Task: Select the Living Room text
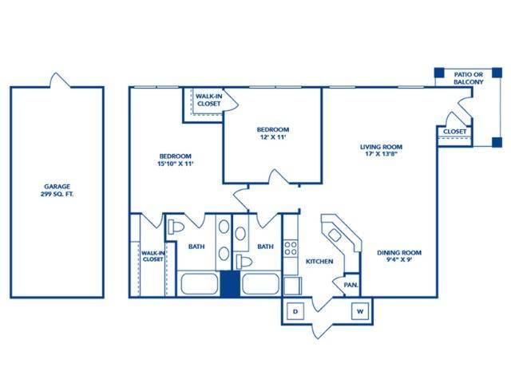[380, 150]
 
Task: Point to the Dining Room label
[399, 256]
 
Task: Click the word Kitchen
[319, 261]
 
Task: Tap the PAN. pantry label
[351, 284]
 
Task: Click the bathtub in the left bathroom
[200, 283]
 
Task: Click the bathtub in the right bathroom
[260, 283]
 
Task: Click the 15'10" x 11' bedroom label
[176, 160]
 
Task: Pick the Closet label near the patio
[454, 132]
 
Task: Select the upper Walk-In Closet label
[209, 99]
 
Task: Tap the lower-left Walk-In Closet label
[153, 256]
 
